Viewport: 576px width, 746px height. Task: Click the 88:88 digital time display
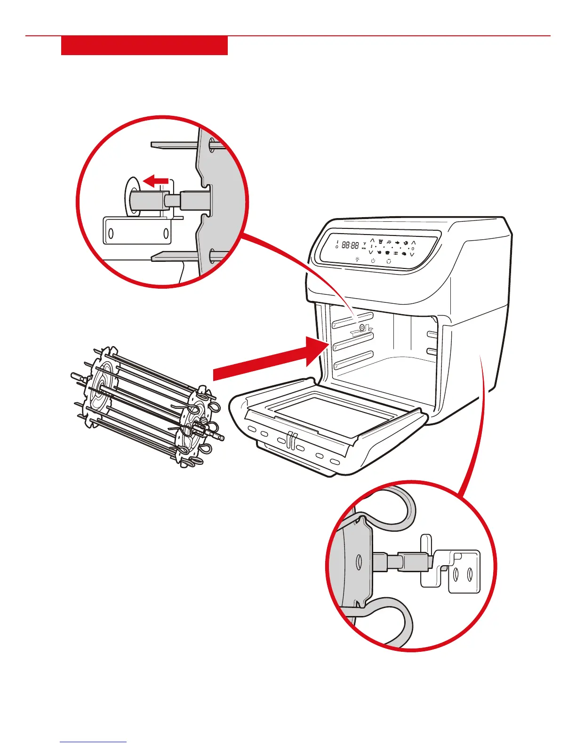(350, 245)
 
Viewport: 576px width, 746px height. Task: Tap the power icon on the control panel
(373, 260)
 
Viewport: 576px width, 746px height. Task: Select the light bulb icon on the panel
(357, 259)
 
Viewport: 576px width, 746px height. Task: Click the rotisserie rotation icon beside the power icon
(388, 261)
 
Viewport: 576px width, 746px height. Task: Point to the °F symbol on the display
(364, 244)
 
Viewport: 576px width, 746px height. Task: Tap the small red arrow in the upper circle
(156, 180)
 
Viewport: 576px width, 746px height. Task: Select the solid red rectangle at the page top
(144, 46)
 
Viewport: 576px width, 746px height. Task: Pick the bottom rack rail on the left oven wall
(353, 360)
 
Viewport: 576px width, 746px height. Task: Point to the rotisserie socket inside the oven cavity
(361, 328)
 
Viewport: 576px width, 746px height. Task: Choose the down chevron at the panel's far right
(412, 254)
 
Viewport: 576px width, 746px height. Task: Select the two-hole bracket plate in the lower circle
(464, 575)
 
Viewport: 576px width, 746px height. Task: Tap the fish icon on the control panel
(398, 243)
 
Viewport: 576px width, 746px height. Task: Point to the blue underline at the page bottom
(93, 742)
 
